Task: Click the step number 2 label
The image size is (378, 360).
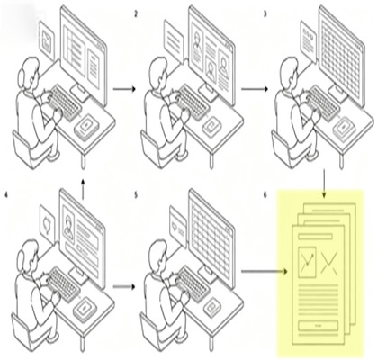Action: (x=136, y=14)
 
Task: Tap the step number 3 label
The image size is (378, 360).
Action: (x=265, y=14)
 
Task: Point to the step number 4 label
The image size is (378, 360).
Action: (x=6, y=195)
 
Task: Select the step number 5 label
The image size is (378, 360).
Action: (x=136, y=195)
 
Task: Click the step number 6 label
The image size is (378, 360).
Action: (x=265, y=195)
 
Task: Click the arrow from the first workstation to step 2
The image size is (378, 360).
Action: (x=124, y=89)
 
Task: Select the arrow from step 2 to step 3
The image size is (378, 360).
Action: (x=255, y=89)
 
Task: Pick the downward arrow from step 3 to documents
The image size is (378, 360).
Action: (x=324, y=184)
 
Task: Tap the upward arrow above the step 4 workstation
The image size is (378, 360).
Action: (x=83, y=189)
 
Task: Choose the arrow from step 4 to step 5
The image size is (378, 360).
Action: (x=124, y=286)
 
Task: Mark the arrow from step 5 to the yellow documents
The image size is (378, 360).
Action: (x=265, y=272)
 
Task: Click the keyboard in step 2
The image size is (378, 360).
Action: (x=193, y=103)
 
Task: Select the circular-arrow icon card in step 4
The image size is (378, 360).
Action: (x=48, y=225)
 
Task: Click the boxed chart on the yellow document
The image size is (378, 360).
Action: (x=307, y=262)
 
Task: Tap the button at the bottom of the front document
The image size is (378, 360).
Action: (x=319, y=326)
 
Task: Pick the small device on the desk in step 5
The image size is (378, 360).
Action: (x=213, y=308)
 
